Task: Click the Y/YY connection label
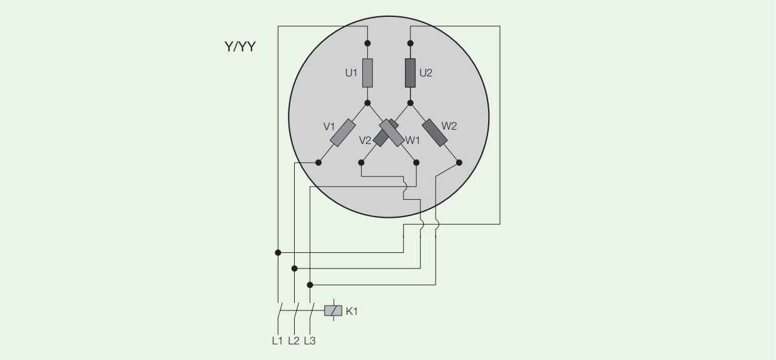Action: pos(240,46)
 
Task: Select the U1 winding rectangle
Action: pos(367,73)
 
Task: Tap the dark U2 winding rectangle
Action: pos(410,73)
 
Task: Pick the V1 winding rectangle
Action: pos(343,133)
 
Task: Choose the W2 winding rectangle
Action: pos(435,133)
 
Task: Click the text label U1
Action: pos(351,73)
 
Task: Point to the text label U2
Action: pos(426,73)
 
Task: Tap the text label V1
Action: pos(329,127)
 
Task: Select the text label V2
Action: pos(365,140)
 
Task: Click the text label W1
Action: pos(412,140)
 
